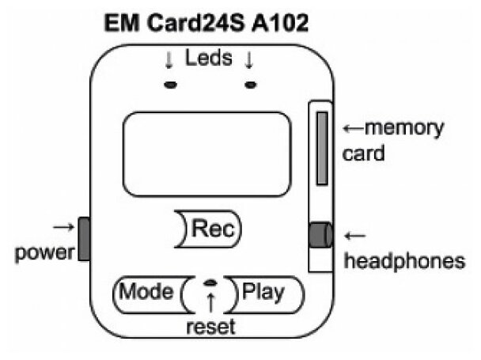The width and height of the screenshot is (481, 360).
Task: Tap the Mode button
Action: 146,292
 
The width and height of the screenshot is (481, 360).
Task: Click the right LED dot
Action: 251,85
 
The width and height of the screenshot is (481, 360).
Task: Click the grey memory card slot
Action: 322,147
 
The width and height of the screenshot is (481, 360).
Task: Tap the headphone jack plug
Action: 319,235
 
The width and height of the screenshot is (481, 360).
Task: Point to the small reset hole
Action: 210,283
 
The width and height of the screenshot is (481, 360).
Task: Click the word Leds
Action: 210,59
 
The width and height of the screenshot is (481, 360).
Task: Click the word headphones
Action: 403,261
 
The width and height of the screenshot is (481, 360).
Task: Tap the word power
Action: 45,253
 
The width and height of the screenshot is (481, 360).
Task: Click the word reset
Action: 210,327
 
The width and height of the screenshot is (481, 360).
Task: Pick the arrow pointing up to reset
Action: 210,302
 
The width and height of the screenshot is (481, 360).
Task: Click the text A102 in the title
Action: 281,22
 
